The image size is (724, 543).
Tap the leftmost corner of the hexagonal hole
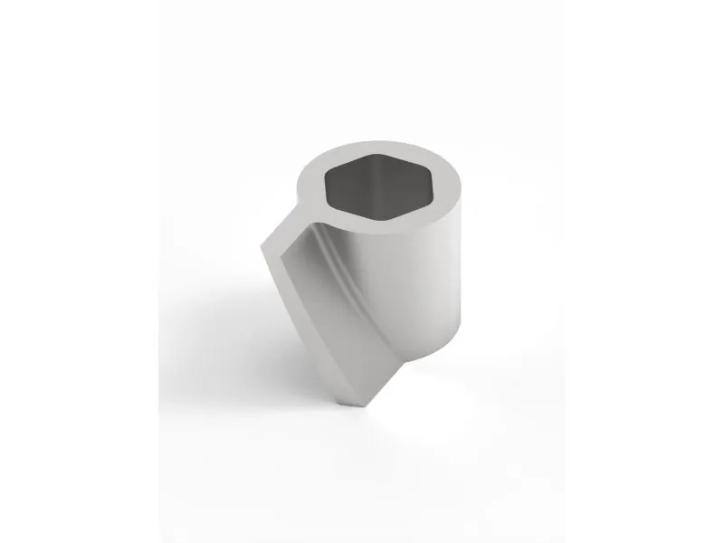point(325,188)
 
